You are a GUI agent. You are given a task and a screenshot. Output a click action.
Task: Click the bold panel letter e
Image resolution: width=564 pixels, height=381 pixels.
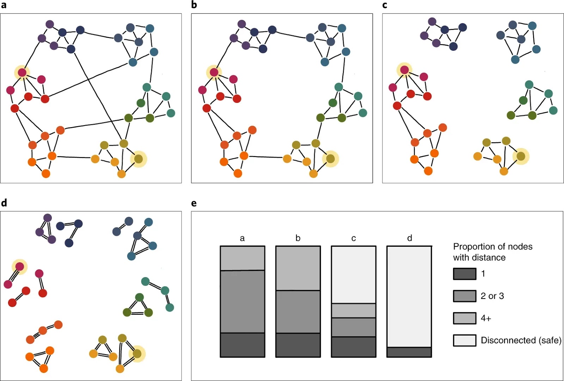pyautogui.click(x=194, y=203)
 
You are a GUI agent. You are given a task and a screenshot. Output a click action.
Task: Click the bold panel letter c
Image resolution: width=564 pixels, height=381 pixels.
pyautogui.click(x=385, y=5)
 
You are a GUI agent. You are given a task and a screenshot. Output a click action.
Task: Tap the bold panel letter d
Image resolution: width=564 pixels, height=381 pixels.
pyautogui.click(x=4, y=202)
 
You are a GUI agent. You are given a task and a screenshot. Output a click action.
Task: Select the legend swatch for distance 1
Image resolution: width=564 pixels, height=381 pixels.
pyautogui.click(x=465, y=274)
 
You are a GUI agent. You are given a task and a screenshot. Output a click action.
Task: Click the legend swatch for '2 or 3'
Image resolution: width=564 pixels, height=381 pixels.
pyautogui.click(x=465, y=296)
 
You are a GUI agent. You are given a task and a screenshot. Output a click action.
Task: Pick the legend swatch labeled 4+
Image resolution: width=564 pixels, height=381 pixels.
pyautogui.click(x=465, y=318)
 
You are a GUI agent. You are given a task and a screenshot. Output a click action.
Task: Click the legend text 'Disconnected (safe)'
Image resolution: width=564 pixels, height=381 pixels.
pyautogui.click(x=521, y=340)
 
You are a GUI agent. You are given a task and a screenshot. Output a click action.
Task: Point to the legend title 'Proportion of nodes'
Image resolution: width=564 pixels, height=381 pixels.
pyautogui.click(x=493, y=246)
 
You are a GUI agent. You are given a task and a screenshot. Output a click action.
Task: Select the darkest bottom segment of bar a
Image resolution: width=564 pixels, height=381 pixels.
pyautogui.click(x=243, y=345)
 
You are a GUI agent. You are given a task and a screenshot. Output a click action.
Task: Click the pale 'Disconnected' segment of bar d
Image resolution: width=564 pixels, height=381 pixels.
pyautogui.click(x=409, y=297)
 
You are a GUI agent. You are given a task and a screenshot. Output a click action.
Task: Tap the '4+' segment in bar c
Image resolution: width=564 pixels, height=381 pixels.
pyautogui.click(x=354, y=311)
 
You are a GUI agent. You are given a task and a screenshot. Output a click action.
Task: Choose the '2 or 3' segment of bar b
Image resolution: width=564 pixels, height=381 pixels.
pyautogui.click(x=298, y=312)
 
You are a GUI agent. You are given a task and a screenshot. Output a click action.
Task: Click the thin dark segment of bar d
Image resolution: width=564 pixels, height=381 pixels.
pyautogui.click(x=409, y=352)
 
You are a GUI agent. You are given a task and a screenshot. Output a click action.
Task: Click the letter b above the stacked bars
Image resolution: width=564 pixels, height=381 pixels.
pyautogui.click(x=298, y=238)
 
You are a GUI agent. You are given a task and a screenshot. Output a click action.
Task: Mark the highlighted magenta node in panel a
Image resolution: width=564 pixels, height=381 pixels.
pyautogui.click(x=22, y=73)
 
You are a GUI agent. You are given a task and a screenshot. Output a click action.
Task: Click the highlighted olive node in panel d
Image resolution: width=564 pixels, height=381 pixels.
pyautogui.click(x=137, y=354)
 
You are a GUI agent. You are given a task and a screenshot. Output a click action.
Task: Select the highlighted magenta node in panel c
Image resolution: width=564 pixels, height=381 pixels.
pyautogui.click(x=404, y=70)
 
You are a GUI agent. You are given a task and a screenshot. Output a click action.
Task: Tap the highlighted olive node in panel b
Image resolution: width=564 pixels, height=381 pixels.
pyautogui.click(x=331, y=159)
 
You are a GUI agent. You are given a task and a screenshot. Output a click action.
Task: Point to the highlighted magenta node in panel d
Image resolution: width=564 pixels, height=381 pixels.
pyautogui.click(x=20, y=267)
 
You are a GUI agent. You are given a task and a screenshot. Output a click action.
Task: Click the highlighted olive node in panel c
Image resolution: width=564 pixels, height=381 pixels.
pyautogui.click(x=521, y=156)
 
